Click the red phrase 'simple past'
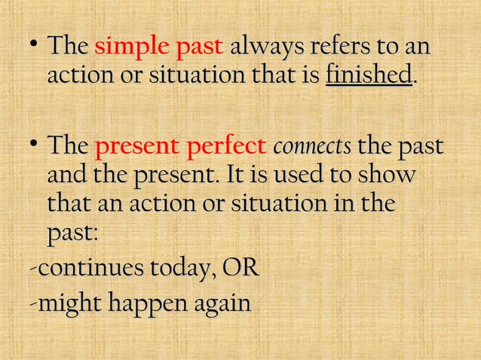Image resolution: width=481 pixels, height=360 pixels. pyautogui.click(x=158, y=47)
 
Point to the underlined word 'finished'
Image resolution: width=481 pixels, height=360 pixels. pyautogui.click(x=369, y=76)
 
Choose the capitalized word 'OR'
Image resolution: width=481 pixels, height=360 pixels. pyautogui.click(x=236, y=270)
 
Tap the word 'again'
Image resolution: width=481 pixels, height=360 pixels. pyautogui.click(x=218, y=304)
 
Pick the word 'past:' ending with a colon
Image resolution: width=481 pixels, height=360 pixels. pyautogui.click(x=72, y=234)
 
